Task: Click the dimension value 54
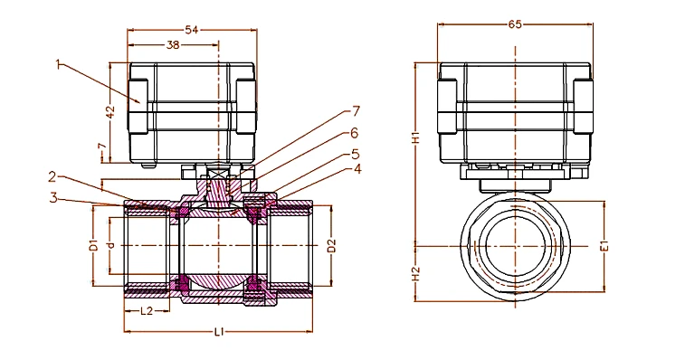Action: tap(191, 30)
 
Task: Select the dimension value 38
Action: tap(173, 44)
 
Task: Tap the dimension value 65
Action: tap(515, 24)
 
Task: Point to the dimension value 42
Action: tap(110, 112)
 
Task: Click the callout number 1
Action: tap(58, 64)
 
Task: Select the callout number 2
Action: tap(52, 177)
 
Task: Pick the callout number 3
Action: tap(53, 197)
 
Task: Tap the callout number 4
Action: tap(357, 169)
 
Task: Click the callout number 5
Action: tap(356, 155)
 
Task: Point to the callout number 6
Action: tap(354, 133)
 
